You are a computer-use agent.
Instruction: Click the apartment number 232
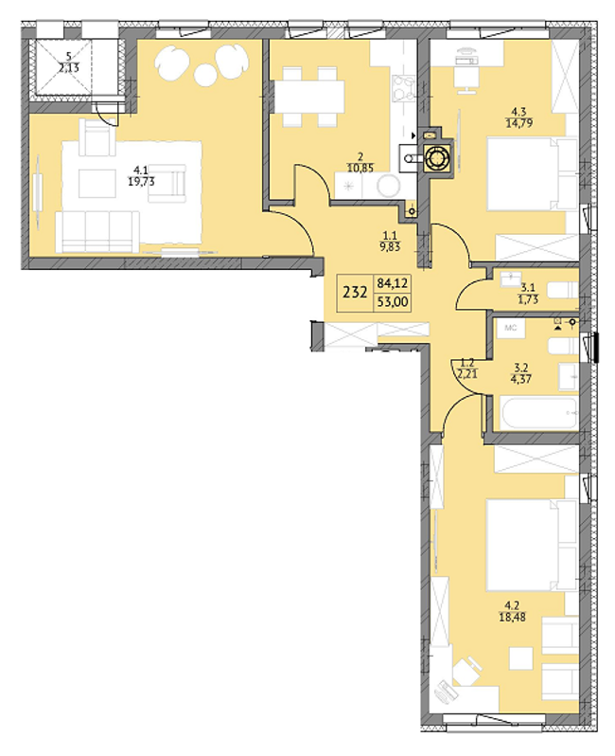355,292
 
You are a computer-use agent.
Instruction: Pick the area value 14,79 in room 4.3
518,121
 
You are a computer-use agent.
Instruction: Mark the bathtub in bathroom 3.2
535,412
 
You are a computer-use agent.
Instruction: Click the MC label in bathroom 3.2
511,327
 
